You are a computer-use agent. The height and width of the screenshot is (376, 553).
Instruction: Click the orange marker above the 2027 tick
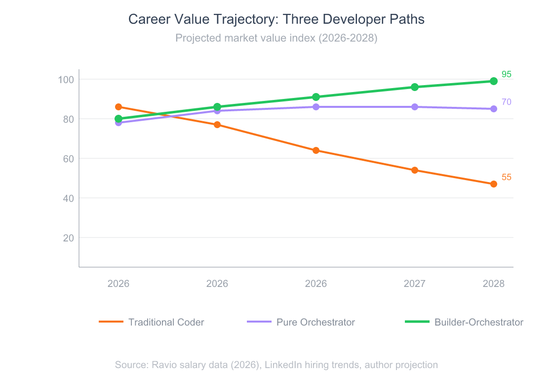[415, 170]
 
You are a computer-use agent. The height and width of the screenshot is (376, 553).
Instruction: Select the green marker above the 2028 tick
[494, 81]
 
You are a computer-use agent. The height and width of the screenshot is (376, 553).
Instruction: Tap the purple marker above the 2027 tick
[415, 107]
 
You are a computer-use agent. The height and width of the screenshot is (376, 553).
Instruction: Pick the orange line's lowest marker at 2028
[494, 184]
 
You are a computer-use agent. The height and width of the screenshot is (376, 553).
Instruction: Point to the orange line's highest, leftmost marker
[118, 107]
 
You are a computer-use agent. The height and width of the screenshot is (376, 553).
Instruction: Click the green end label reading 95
[507, 74]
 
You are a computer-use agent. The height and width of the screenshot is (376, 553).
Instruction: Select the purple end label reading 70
[507, 102]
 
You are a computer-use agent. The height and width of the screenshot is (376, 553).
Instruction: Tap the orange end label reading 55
[507, 177]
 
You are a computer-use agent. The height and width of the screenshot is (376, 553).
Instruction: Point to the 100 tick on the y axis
[66, 79]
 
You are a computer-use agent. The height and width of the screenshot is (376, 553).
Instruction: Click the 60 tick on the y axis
[68, 158]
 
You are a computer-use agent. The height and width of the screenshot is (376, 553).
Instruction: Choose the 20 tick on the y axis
[68, 237]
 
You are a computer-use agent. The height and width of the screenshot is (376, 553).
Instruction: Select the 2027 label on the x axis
[415, 283]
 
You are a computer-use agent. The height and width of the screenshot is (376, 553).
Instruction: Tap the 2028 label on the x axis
[494, 283]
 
